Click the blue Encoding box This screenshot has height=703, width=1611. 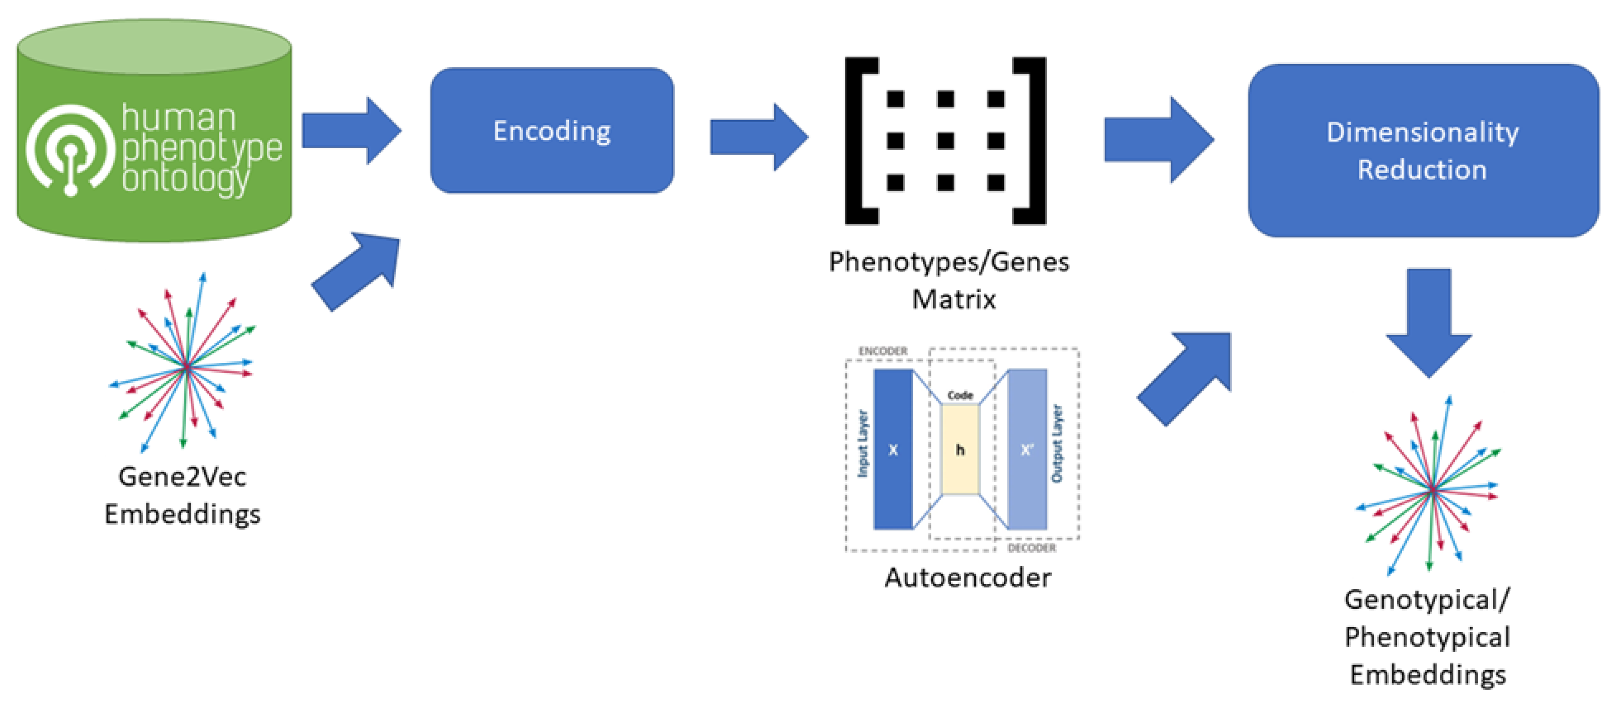[x=552, y=131]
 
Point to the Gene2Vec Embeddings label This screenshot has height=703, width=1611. [x=182, y=495]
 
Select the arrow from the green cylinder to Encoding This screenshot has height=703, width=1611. [x=350, y=131]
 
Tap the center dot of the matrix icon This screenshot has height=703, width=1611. [x=945, y=141]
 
